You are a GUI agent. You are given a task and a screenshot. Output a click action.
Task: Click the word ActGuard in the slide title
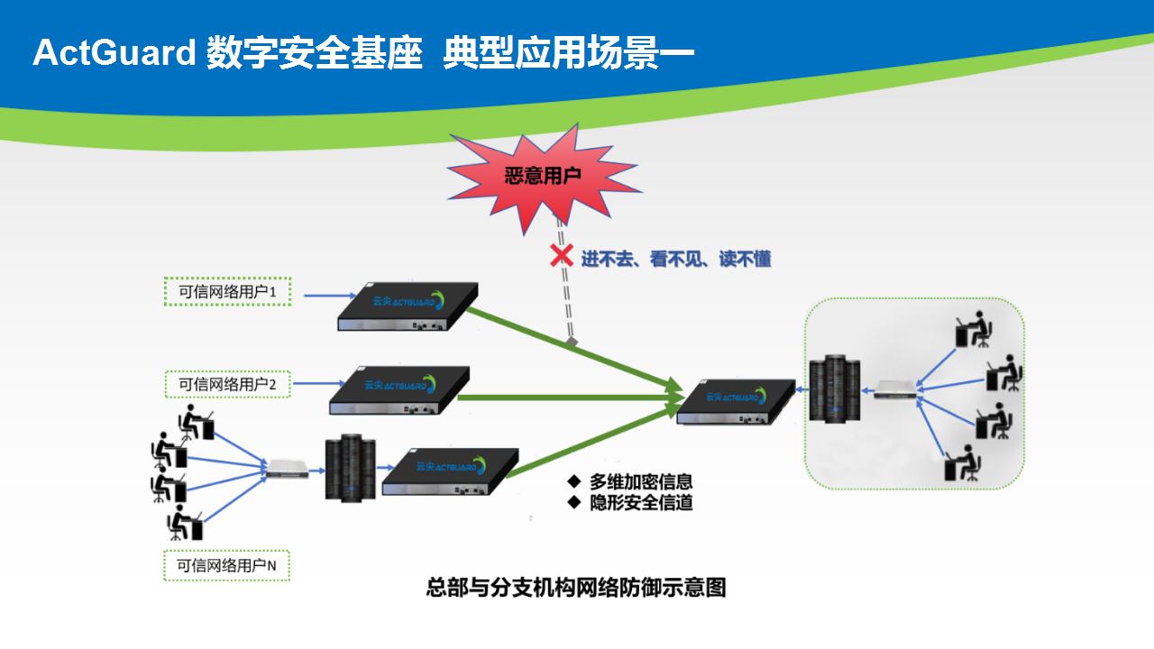[114, 52]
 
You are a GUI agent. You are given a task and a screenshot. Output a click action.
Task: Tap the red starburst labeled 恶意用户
[544, 177]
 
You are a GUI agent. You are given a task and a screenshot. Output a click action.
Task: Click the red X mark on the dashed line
[562, 255]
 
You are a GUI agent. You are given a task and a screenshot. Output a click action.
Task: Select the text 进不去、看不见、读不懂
[676, 259]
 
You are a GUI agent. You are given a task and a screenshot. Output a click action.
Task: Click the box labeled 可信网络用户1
[228, 291]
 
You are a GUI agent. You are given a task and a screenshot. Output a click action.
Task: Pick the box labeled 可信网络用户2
[228, 384]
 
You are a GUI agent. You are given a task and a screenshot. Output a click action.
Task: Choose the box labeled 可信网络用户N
[226, 565]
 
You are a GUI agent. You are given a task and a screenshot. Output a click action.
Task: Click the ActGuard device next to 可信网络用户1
[408, 306]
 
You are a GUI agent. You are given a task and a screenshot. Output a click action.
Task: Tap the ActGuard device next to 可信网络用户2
[399, 390]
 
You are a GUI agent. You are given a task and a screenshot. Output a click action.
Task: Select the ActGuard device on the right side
[736, 402]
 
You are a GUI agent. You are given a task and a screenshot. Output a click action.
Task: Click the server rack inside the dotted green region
[835, 388]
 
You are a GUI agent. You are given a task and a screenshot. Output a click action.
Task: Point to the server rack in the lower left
[351, 467]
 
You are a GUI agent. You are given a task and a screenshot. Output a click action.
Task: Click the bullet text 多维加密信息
[641, 481]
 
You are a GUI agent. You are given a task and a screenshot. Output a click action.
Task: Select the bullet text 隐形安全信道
[641, 503]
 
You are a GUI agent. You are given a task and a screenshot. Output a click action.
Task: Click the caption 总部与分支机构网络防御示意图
[576, 587]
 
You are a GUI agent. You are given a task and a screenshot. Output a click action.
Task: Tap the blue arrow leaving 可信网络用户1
[330, 296]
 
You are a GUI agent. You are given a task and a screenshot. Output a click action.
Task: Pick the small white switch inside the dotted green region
[895, 389]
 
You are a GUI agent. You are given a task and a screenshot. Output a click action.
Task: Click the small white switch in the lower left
[287, 468]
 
